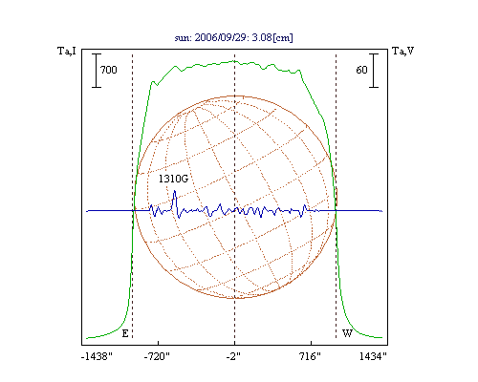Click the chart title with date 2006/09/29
coord(234,37)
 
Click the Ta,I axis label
coord(67,51)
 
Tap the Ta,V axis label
coord(402,51)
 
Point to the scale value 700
coord(109,70)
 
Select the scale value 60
coord(361,70)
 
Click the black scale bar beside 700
coord(97,71)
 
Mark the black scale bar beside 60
coord(374,71)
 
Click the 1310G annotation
coord(173,179)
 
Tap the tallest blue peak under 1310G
coord(174,191)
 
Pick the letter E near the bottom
coord(125,333)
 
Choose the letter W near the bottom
coord(347,333)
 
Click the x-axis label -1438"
coord(97,356)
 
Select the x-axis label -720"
coord(157,356)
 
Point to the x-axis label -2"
coord(233,356)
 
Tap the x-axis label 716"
coord(310,356)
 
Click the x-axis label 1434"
coord(373,356)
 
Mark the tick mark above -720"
coord(159,343)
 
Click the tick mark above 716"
coord(311,343)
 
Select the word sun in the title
coord(183,38)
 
